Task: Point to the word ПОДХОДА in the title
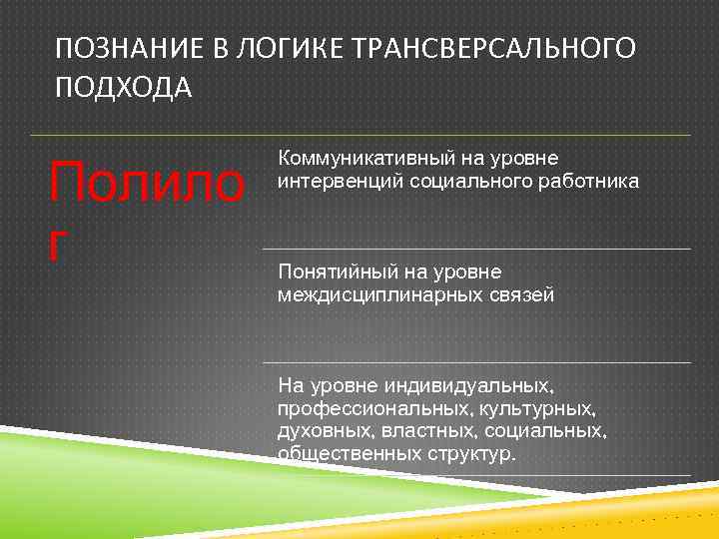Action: (124, 90)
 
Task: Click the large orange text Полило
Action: (148, 184)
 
